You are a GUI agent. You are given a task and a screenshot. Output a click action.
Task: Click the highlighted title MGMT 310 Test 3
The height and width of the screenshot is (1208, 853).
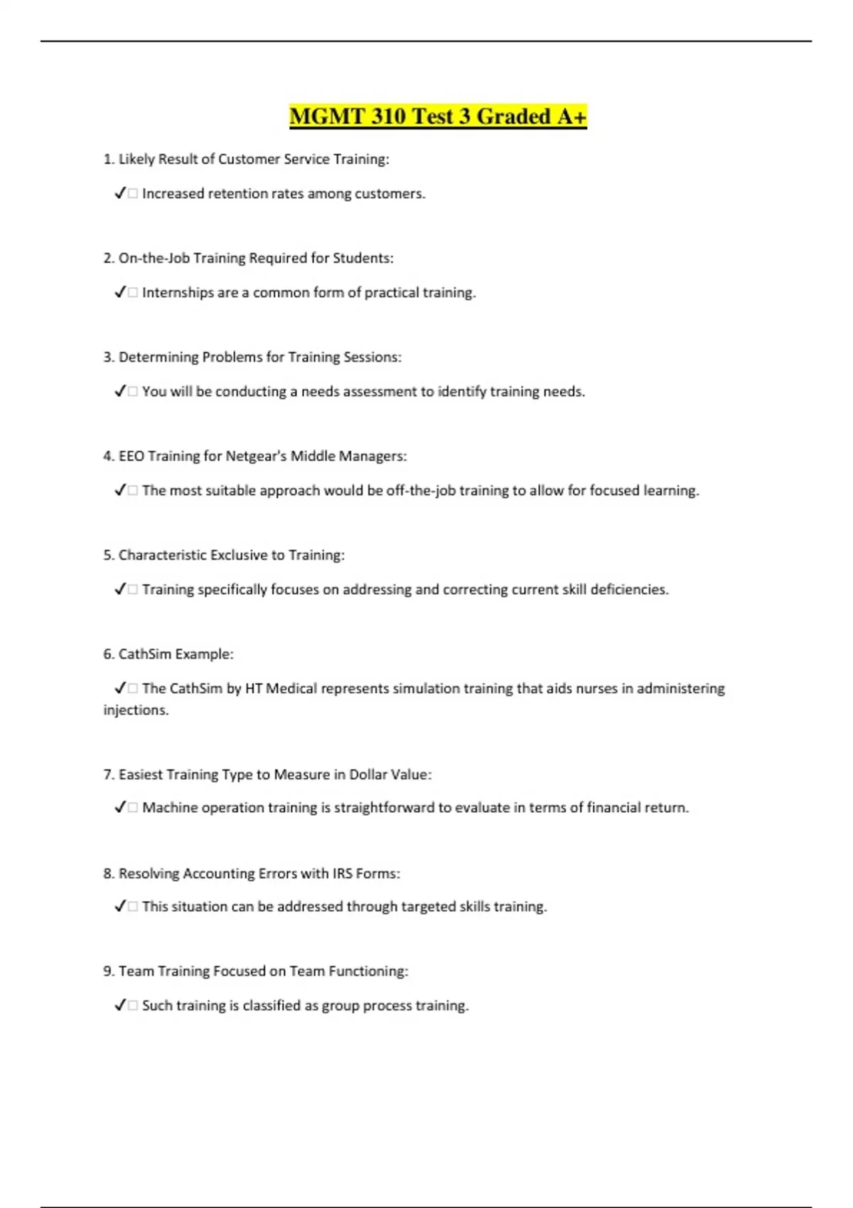click(x=438, y=117)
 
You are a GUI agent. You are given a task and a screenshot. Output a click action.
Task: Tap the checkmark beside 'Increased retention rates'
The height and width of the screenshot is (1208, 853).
click(x=119, y=193)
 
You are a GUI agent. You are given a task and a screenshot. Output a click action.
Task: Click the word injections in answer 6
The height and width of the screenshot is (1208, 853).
click(x=136, y=710)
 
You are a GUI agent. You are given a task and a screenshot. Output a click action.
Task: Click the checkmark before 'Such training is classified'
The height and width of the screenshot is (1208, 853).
click(x=119, y=1005)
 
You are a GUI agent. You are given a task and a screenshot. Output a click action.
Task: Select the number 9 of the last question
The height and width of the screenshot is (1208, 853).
click(x=107, y=971)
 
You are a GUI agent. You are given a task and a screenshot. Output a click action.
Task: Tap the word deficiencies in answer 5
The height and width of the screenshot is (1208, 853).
click(x=629, y=590)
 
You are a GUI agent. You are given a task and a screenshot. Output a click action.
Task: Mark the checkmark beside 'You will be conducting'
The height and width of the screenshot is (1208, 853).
click(x=119, y=392)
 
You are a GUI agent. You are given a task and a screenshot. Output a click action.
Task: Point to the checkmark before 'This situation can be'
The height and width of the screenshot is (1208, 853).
click(x=119, y=907)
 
